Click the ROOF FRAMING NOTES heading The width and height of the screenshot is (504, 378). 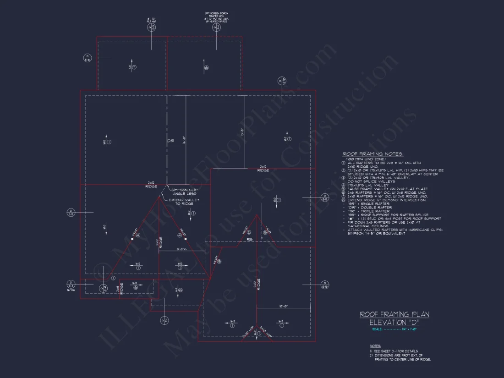(373, 154)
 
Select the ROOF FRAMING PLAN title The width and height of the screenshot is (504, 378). (394, 314)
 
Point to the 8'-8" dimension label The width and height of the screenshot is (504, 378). (183, 250)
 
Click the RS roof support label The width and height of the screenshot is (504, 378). (250, 240)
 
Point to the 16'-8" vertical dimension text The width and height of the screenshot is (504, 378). (184, 140)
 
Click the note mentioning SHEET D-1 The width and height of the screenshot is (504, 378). (394, 351)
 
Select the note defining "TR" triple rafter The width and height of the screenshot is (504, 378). (366, 211)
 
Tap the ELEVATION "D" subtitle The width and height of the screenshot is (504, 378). (394, 322)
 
